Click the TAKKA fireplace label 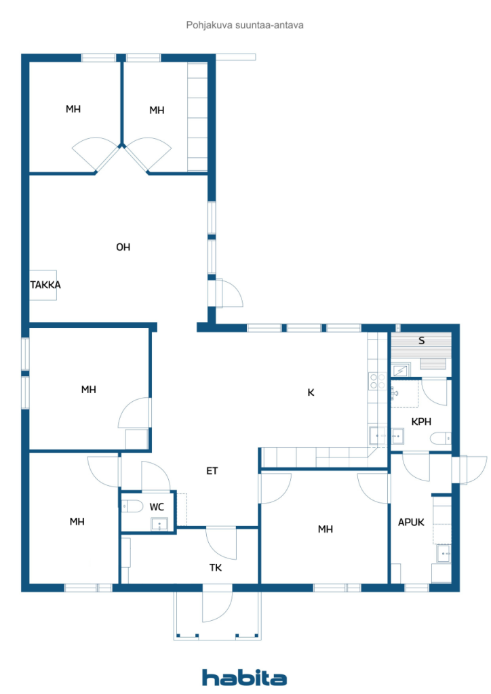pos(45,285)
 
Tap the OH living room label pos(123,247)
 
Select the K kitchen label pos(311,392)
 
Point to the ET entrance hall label pos(212,471)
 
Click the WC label pos(157,507)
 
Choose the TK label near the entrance pos(216,568)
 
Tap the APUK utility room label pos(411,523)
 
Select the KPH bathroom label pos(421,422)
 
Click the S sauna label pos(422,341)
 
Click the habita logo pos(244,678)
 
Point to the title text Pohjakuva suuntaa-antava pos(245,25)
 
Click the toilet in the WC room pos(132,506)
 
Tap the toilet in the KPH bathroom pos(441,438)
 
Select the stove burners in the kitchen pos(378,381)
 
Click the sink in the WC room pos(159,525)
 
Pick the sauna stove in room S pos(401,369)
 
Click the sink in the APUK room pos(444,554)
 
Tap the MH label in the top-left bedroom pos(73,109)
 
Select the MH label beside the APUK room pos(326,529)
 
